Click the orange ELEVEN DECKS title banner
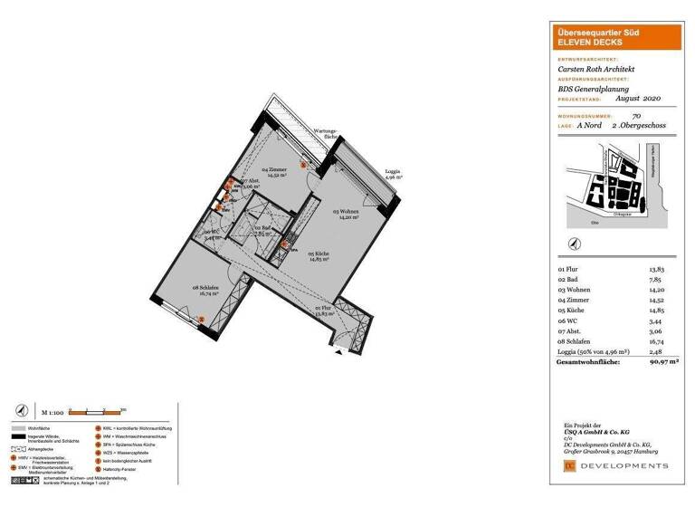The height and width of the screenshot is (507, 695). click(x=614, y=38)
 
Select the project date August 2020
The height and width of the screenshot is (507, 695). click(x=641, y=98)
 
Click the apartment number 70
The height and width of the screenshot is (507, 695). click(x=636, y=116)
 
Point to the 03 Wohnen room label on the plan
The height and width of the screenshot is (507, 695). click(x=347, y=214)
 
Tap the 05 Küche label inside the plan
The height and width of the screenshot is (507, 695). click(x=318, y=256)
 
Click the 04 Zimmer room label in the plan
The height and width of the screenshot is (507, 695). click(x=275, y=172)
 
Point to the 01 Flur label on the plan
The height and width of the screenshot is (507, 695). click(x=322, y=311)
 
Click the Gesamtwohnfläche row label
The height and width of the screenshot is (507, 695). click(x=587, y=362)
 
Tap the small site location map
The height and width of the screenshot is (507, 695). click(x=614, y=185)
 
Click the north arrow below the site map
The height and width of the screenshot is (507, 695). click(x=573, y=243)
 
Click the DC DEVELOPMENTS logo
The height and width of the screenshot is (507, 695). click(x=614, y=465)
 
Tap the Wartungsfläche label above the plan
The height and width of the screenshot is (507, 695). click(x=324, y=133)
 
